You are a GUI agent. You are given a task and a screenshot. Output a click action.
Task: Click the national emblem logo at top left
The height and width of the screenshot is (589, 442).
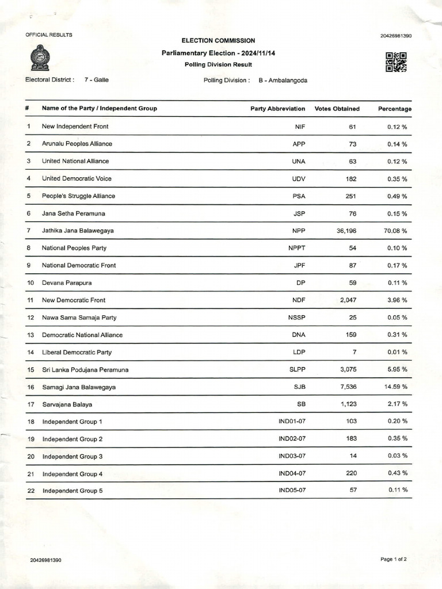tap(40, 58)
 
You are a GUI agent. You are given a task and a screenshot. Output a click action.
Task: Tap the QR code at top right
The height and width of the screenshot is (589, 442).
tap(396, 62)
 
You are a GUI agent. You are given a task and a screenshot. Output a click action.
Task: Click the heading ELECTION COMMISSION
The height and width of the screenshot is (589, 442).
tap(218, 41)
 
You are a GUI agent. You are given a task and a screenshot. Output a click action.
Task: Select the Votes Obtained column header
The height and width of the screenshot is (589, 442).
tap(337, 109)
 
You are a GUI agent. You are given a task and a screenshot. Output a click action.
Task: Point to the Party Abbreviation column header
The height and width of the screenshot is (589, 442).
tap(277, 109)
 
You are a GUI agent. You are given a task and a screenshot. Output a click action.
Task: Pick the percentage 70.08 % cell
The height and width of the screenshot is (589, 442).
tap(396, 231)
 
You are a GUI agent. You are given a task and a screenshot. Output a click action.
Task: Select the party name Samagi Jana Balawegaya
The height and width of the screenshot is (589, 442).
tap(79, 387)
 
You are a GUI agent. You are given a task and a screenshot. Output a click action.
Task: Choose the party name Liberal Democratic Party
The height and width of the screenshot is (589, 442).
tap(77, 352)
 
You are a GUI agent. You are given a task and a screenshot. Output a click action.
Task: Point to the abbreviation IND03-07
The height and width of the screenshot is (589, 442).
tap(292, 456)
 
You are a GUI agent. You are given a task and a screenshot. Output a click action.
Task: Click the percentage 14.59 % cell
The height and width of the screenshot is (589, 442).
tap(396, 387)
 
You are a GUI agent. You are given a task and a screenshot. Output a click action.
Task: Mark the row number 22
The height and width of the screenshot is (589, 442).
tap(31, 491)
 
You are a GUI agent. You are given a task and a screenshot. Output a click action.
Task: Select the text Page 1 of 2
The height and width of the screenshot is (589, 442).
tap(394, 559)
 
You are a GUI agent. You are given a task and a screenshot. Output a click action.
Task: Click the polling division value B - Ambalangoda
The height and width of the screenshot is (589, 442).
tap(283, 81)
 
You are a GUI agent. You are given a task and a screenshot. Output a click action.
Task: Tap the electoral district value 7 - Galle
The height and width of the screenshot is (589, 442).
tap(96, 80)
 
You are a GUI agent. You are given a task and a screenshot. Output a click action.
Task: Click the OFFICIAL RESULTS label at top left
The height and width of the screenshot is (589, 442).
tap(49, 35)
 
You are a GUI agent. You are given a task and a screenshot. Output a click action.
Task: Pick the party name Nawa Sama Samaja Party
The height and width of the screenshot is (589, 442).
tap(79, 318)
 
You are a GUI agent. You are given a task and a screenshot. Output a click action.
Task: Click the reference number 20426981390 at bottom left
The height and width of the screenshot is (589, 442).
tap(46, 560)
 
